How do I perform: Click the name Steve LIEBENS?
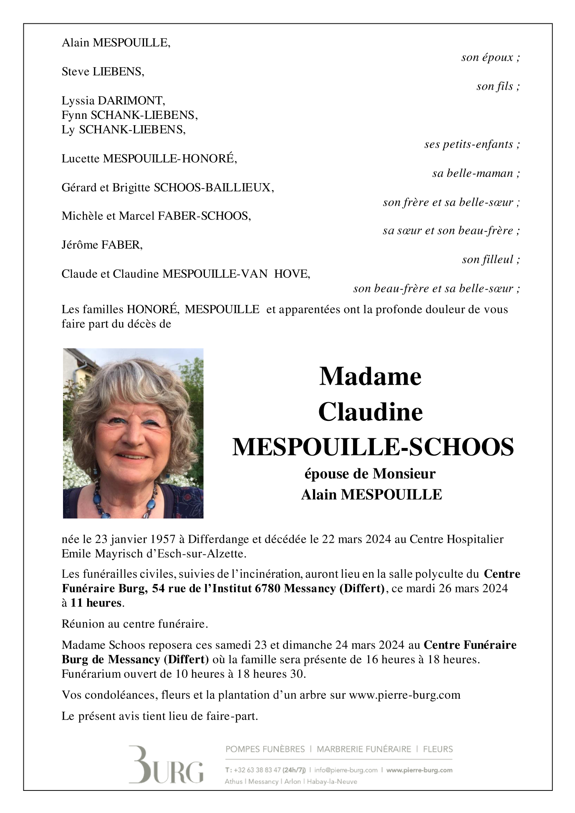(103, 72)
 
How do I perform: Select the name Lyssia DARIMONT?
(113, 101)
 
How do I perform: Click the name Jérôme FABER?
(102, 245)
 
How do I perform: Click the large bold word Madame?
(370, 376)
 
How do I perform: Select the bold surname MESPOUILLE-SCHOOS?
(373, 447)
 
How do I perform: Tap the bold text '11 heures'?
(96, 603)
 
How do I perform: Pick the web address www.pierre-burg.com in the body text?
(404, 695)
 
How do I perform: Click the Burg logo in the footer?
(166, 765)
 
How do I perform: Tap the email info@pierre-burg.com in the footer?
(346, 770)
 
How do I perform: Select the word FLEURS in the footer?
(438, 749)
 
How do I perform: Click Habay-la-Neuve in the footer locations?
(332, 781)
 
